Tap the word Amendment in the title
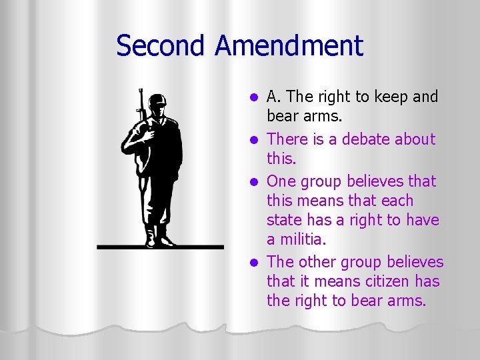(x=289, y=46)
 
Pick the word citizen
(x=382, y=281)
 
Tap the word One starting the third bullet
(x=281, y=181)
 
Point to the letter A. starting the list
(x=273, y=97)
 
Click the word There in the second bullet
(x=287, y=139)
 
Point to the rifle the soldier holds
(x=141, y=107)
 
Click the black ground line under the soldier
(x=160, y=247)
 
